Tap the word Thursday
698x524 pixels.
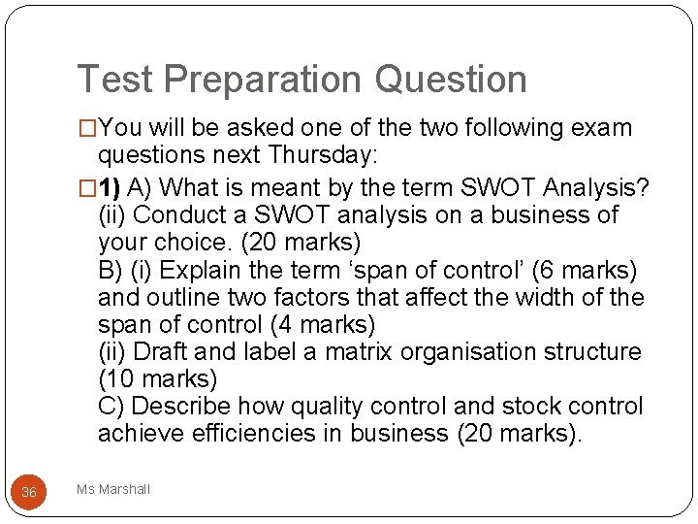click(x=323, y=156)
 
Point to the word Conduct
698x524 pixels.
click(x=183, y=213)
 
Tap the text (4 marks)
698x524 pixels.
click(x=321, y=324)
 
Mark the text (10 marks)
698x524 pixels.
click(x=157, y=378)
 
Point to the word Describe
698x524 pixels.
click(x=178, y=406)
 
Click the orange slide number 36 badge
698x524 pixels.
click(x=29, y=492)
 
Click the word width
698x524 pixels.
click(x=527, y=296)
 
